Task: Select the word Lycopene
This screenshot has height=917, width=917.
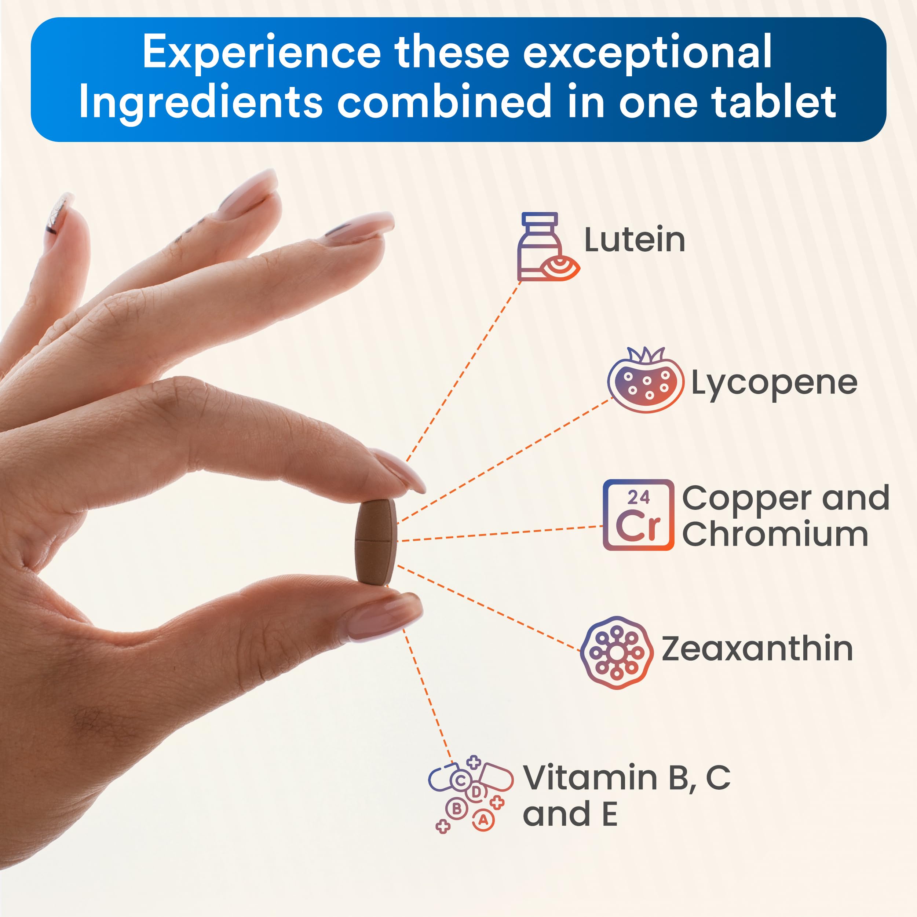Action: coord(774,384)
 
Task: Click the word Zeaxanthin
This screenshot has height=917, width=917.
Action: coord(757,649)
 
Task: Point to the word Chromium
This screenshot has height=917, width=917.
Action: coord(775,534)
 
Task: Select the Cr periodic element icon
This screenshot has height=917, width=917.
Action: coord(638,515)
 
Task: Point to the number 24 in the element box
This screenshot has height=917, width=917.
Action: coord(638,497)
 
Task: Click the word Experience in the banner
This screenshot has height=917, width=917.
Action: coord(262,54)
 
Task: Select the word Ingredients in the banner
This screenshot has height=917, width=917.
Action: coord(201,103)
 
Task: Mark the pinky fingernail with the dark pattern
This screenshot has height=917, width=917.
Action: coord(59,213)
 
